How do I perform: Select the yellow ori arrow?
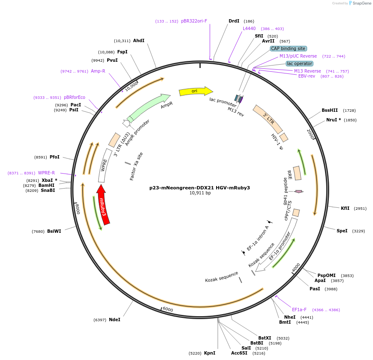[195, 91]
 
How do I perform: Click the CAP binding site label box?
[288, 48]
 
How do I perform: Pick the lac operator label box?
[299, 63]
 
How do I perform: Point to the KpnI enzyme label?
[209, 353]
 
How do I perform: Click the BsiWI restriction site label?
[54, 231]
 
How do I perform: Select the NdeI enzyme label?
[115, 320]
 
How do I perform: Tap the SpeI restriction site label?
[342, 231]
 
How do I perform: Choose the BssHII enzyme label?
[330, 111]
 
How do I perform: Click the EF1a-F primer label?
[299, 310]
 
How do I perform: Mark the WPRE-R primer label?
[46, 173]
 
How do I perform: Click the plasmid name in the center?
[200, 188]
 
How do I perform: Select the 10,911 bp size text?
[200, 193]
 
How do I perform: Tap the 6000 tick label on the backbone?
[168, 309]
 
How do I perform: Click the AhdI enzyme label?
[139, 40]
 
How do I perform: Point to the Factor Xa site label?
[136, 166]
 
